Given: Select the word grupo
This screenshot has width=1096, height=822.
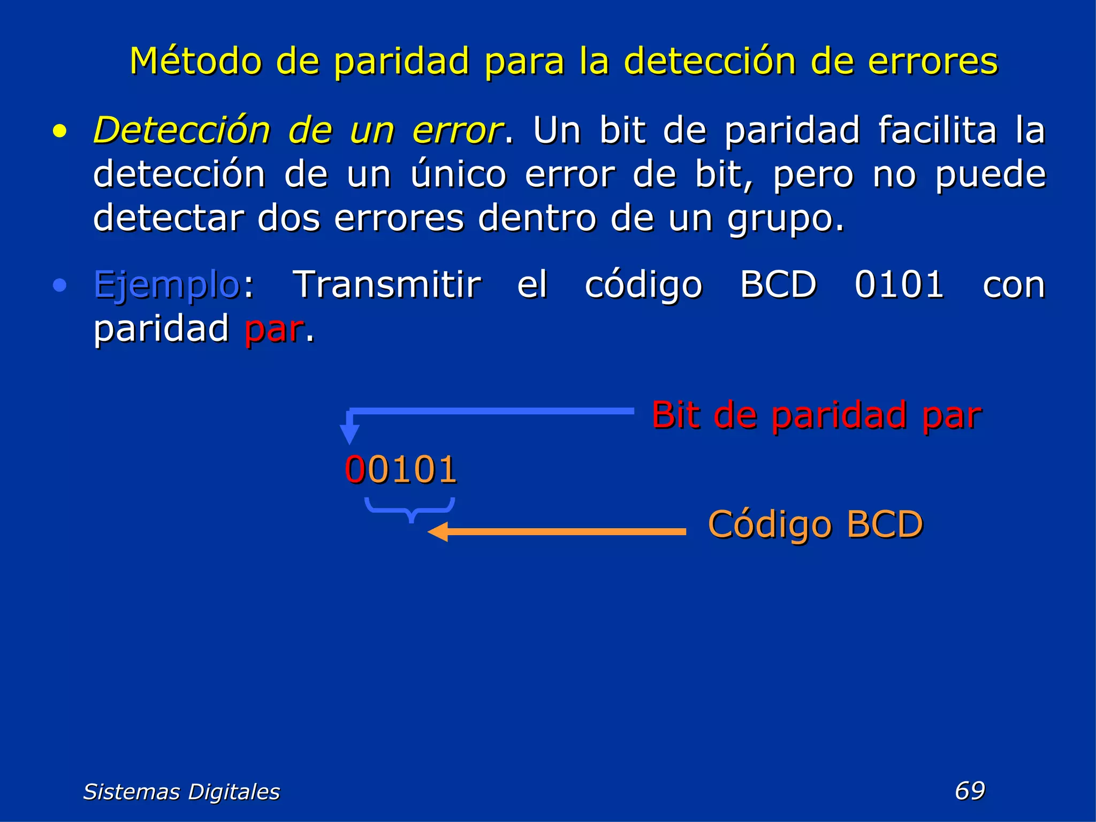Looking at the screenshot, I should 785,219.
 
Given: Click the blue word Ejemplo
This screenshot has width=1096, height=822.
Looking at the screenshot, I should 166,285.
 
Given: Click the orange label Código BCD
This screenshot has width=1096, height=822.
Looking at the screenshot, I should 815,524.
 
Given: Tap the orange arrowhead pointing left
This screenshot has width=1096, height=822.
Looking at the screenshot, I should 438,532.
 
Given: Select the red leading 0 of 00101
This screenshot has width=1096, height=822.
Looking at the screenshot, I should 356,469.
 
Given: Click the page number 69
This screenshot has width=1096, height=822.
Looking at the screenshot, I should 970,790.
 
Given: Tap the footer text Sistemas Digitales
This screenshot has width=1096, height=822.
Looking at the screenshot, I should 181,791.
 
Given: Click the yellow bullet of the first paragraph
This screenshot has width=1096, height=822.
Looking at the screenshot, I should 60,132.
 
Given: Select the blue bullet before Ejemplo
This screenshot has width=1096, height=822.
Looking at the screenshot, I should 60,285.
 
